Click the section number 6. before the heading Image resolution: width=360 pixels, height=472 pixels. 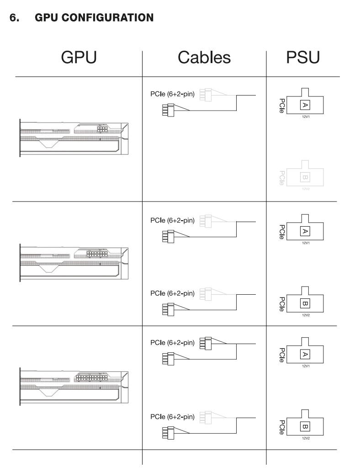(x=15, y=18)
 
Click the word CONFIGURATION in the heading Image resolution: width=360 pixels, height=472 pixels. (x=108, y=18)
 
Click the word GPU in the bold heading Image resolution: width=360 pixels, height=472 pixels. (x=47, y=18)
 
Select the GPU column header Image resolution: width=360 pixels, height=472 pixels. (x=79, y=57)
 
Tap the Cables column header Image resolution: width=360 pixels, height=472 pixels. (x=204, y=57)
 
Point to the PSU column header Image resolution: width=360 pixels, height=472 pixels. (x=303, y=57)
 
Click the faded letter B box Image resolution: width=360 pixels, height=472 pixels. (x=305, y=177)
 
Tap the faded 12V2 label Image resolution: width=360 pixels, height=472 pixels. (x=306, y=189)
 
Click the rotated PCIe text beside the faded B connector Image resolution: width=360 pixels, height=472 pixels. (x=282, y=178)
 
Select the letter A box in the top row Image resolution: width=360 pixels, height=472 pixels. (x=305, y=105)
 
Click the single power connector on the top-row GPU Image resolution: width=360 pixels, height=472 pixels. (x=102, y=129)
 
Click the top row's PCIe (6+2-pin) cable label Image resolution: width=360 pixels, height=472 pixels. (x=173, y=94)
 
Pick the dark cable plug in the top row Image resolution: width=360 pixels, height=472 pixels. (x=168, y=110)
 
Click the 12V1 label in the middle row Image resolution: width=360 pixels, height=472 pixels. (x=306, y=243)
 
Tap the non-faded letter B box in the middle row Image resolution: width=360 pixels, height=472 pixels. (x=305, y=303)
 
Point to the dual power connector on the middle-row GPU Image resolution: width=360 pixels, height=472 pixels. (x=97, y=254)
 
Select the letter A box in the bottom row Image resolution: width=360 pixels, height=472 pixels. (x=305, y=354)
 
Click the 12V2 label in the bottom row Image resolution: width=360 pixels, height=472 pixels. (x=306, y=438)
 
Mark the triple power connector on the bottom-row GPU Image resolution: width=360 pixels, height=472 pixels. (x=92, y=377)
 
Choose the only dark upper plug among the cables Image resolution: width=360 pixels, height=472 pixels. (x=206, y=344)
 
